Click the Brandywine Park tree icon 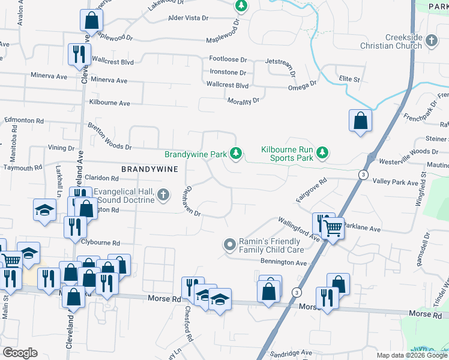point(237,154)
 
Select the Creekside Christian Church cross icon point(432,41)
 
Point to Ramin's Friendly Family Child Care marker point(229,244)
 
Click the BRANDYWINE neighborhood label point(149,169)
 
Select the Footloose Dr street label point(228,59)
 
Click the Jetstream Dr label point(282,61)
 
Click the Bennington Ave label point(283,262)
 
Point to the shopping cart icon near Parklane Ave point(333,227)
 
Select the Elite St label point(349,79)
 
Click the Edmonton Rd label point(23,120)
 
